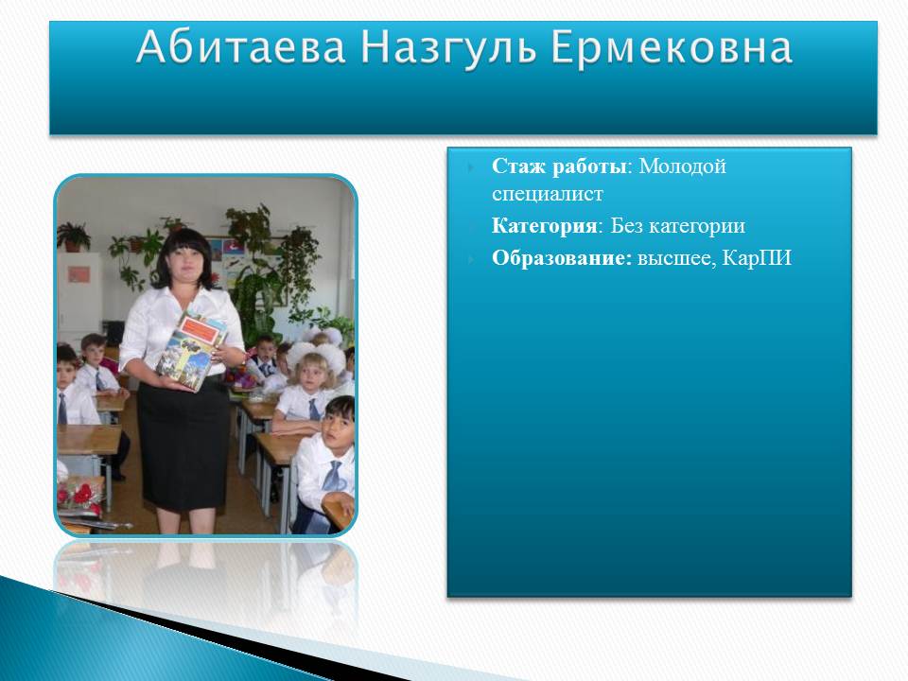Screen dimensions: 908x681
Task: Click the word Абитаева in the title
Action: click(241, 47)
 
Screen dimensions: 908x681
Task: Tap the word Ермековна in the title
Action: click(672, 48)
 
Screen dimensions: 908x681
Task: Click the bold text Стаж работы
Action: click(559, 166)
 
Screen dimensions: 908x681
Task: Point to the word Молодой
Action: click(682, 166)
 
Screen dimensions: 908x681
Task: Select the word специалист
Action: click(548, 194)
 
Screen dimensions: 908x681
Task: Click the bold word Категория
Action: click(544, 225)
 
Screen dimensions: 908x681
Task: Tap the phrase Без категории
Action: click(677, 225)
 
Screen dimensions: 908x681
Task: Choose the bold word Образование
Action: click(560, 257)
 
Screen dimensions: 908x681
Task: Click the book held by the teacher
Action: click(191, 350)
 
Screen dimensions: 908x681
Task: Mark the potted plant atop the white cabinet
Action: click(73, 236)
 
